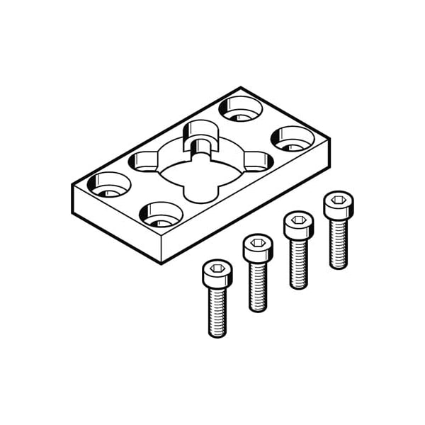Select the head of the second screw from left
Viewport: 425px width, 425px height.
click(x=257, y=248)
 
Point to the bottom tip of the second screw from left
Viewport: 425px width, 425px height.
click(x=258, y=310)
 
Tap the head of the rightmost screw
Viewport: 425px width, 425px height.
click(x=339, y=204)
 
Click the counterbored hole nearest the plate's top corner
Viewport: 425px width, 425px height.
click(x=240, y=108)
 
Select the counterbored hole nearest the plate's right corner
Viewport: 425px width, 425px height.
click(x=293, y=138)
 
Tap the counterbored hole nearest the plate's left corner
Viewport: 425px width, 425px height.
click(x=109, y=184)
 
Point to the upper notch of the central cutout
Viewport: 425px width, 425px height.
click(x=200, y=135)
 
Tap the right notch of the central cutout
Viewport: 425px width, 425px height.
click(x=256, y=162)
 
